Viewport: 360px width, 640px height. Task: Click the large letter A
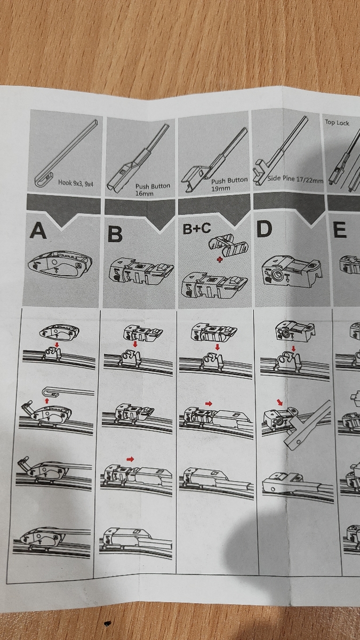[38, 231]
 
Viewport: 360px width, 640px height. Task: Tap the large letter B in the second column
[115, 235]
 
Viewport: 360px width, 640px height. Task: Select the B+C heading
[197, 228]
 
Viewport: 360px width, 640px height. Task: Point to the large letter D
[265, 229]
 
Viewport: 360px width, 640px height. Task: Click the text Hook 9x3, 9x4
[76, 183]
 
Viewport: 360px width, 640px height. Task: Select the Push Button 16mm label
[153, 190]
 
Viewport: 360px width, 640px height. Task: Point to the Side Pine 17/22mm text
[295, 180]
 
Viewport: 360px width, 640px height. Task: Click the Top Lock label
[337, 123]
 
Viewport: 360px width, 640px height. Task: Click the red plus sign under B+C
[219, 260]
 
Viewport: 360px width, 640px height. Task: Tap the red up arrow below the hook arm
[47, 401]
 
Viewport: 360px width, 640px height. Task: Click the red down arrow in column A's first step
[57, 345]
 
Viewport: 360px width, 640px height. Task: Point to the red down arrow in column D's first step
[293, 349]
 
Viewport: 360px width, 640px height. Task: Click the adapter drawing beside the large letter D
[293, 271]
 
